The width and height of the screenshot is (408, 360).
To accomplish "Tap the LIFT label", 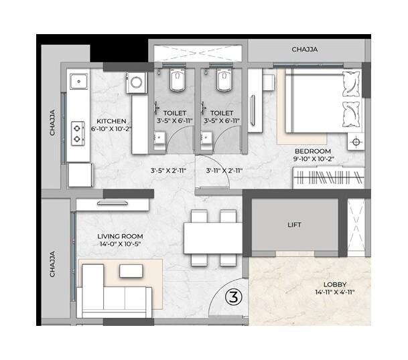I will tap(293, 226).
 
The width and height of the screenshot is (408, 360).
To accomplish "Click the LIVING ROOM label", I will tap(120, 236).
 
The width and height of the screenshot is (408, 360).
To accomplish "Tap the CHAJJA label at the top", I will tap(304, 49).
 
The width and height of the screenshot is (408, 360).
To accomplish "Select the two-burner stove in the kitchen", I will tap(78, 132).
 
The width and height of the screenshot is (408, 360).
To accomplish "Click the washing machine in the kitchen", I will tap(136, 83).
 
